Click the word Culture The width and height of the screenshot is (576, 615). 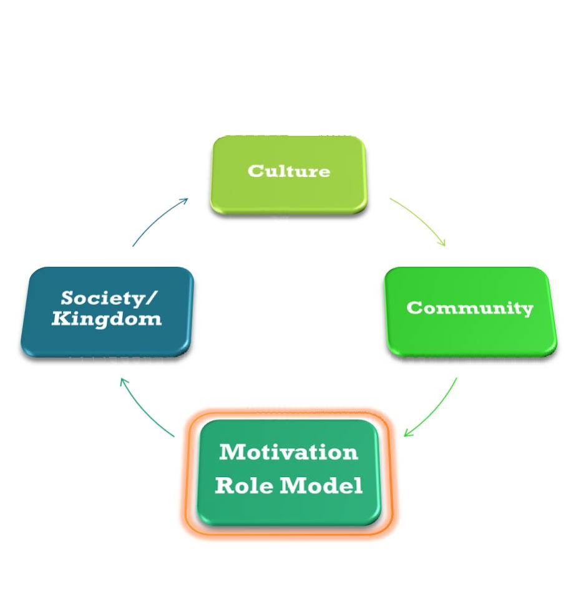[x=288, y=171]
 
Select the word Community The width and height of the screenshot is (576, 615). [x=469, y=308]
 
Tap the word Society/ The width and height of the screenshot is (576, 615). [x=109, y=299]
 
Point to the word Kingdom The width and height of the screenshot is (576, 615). [x=106, y=320]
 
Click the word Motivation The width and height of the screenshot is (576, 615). [x=288, y=452]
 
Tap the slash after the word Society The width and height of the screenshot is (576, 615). [x=151, y=299]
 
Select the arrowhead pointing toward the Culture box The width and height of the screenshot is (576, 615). [x=183, y=201]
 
